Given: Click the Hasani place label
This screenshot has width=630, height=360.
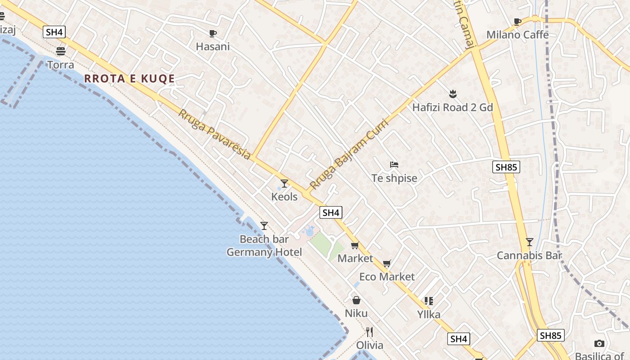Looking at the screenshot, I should [x=213, y=46].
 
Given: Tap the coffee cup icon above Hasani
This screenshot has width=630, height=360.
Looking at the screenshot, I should [x=213, y=33].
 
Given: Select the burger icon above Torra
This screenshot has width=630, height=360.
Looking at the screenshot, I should [x=61, y=51].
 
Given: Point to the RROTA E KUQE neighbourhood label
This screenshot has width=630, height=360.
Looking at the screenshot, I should [x=130, y=79].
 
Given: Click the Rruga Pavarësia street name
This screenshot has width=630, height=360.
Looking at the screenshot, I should [x=214, y=134].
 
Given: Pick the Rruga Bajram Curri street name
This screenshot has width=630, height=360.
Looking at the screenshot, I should [x=349, y=154].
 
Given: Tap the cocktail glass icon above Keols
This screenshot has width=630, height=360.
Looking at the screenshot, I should [x=284, y=183].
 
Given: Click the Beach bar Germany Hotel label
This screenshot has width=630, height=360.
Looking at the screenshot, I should [x=264, y=246].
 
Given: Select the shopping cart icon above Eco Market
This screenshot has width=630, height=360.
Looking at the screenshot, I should [x=387, y=263].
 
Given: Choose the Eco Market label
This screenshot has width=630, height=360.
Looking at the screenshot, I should [x=387, y=276].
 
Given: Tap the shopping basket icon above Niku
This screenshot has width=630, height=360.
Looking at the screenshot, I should [x=356, y=300].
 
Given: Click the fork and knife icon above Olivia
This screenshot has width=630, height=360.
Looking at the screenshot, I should [x=369, y=332].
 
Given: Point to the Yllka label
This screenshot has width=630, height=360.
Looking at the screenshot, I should [x=429, y=314].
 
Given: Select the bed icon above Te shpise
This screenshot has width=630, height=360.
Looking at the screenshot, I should [x=394, y=165].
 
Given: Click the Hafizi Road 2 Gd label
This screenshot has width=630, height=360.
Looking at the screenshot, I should [x=453, y=107].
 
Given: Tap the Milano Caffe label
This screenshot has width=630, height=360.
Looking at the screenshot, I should [x=517, y=35].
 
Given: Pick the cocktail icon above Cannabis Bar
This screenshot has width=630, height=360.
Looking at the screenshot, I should [x=530, y=242].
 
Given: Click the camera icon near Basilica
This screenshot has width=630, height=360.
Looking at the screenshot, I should [x=599, y=344].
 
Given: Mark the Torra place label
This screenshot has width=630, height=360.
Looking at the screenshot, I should [x=61, y=65].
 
